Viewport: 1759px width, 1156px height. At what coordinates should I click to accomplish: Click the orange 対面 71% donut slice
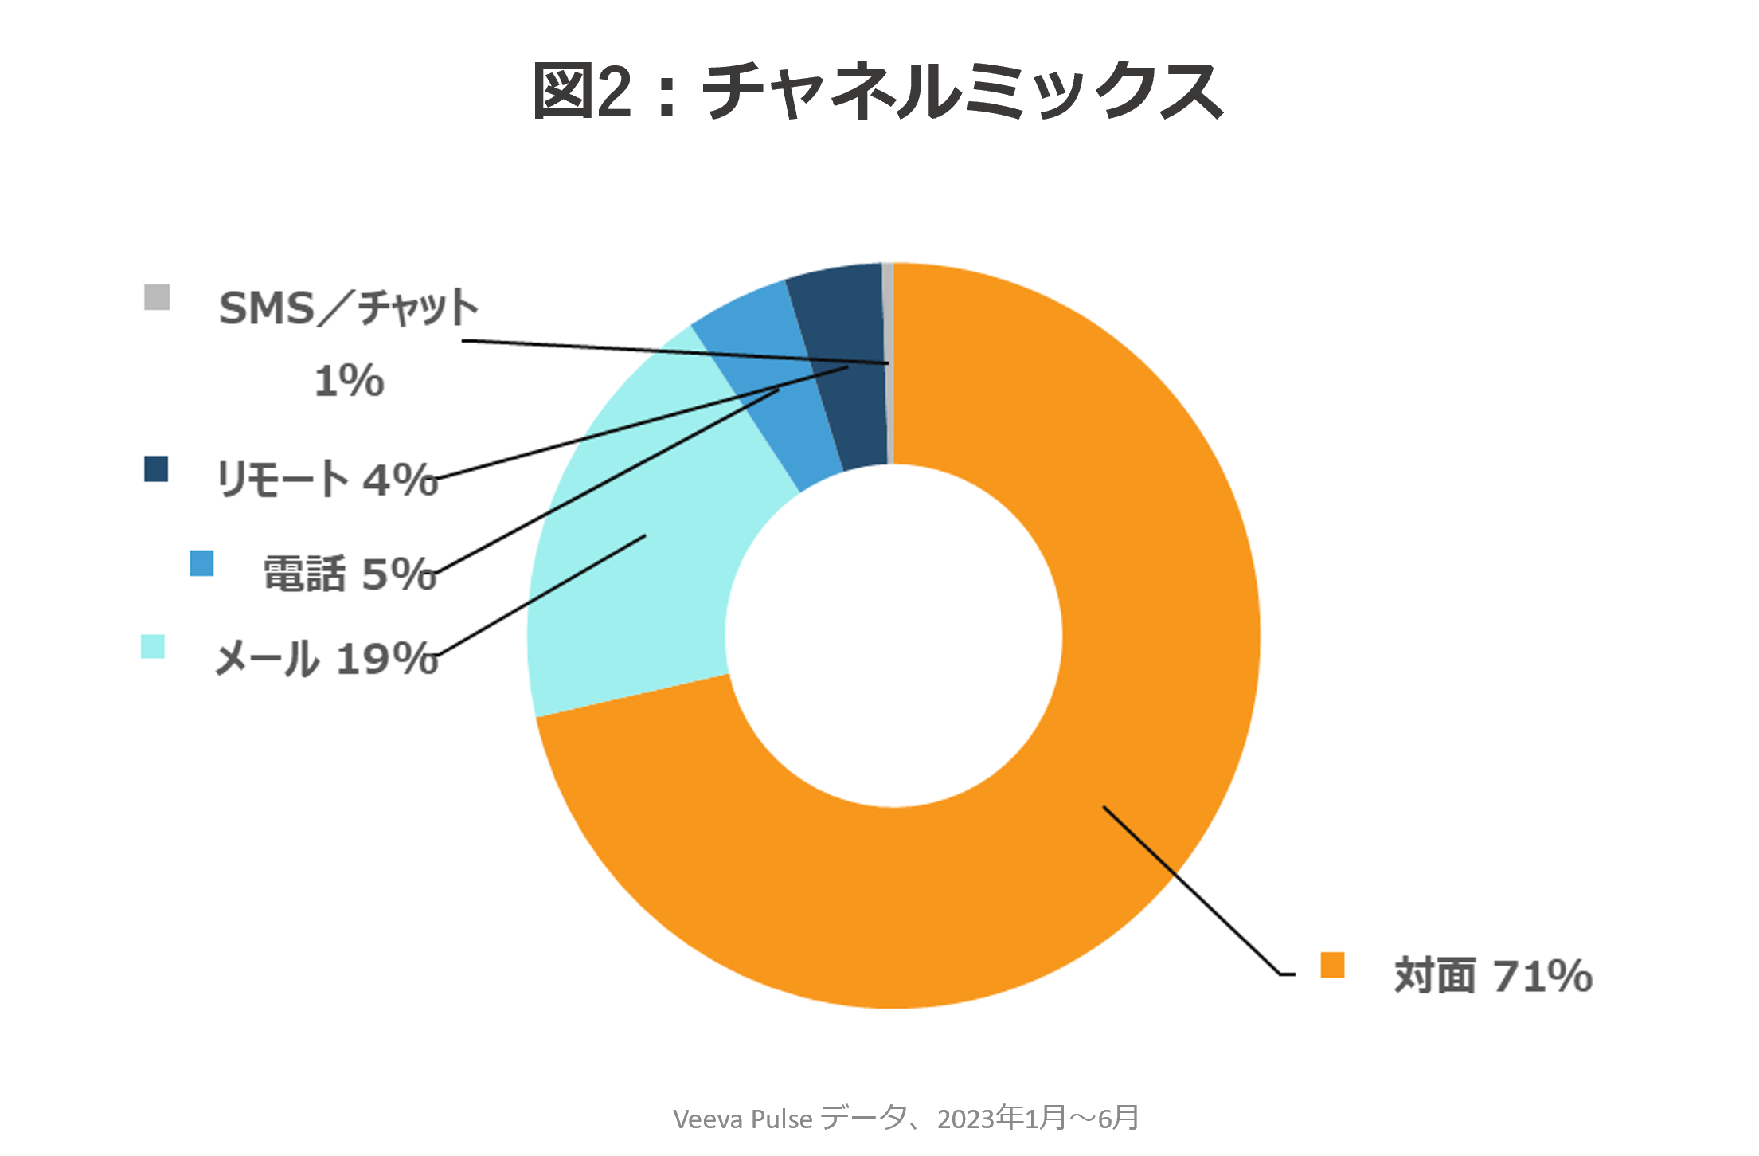pos(1155,637)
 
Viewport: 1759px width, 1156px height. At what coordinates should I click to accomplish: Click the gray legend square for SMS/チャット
pos(157,297)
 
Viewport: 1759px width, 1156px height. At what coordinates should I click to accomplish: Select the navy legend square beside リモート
pos(156,468)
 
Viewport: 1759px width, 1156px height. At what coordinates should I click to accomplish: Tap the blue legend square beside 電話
pos(201,563)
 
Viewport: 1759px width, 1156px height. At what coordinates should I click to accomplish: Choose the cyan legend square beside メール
pos(153,646)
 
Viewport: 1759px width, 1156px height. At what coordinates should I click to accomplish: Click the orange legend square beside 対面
pos(1332,965)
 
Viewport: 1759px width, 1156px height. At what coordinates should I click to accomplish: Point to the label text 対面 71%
pos(1493,975)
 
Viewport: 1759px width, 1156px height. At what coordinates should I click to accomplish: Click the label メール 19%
pos(326,659)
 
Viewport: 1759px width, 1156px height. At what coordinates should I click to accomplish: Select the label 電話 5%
pos(350,574)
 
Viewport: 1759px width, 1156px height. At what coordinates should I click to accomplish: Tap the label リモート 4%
pos(326,480)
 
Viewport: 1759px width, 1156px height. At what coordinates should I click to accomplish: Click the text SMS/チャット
pos(348,308)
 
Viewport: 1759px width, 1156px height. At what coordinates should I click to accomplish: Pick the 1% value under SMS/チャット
pos(349,381)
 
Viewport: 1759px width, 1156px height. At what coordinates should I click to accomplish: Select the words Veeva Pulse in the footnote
pos(742,1119)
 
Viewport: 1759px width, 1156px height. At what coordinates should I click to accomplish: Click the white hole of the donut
pos(893,636)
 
